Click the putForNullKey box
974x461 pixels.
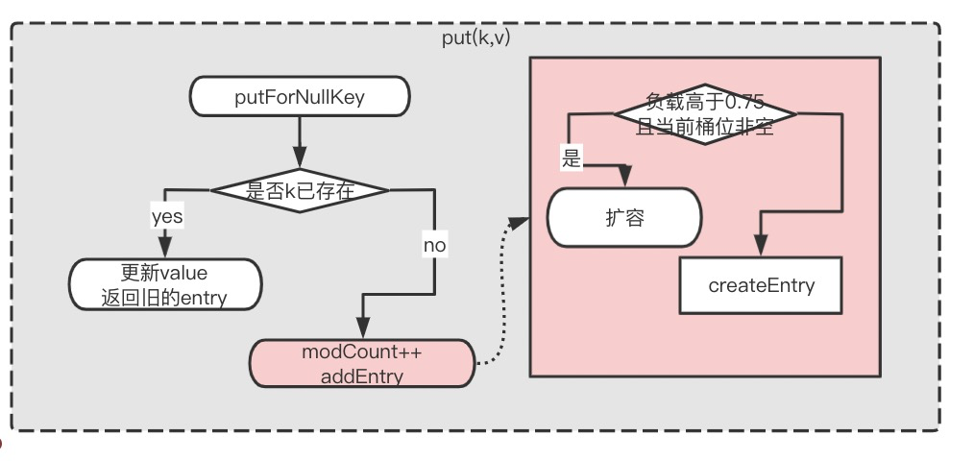tap(300, 96)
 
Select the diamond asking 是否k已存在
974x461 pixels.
tap(300, 189)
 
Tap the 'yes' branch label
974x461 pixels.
tap(167, 217)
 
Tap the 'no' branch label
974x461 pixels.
tap(434, 246)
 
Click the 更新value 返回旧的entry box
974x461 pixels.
tap(164, 284)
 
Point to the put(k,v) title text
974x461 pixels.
tap(475, 38)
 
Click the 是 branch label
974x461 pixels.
tap(572, 159)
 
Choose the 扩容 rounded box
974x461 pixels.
tap(623, 217)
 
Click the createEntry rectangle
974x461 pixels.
tap(761, 285)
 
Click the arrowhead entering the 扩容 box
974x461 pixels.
tap(625, 179)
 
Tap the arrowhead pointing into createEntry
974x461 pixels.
tap(761, 248)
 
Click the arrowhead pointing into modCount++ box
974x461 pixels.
tap(363, 329)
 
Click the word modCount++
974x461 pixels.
tap(362, 352)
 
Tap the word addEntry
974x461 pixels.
tap(362, 376)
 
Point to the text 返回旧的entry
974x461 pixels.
tap(164, 298)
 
